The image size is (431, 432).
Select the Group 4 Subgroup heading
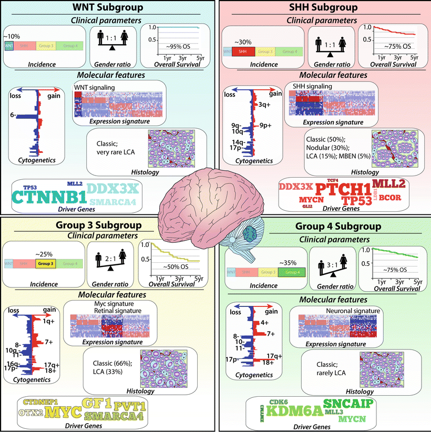pos(324,229)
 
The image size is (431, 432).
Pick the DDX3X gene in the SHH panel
pos(295,187)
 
